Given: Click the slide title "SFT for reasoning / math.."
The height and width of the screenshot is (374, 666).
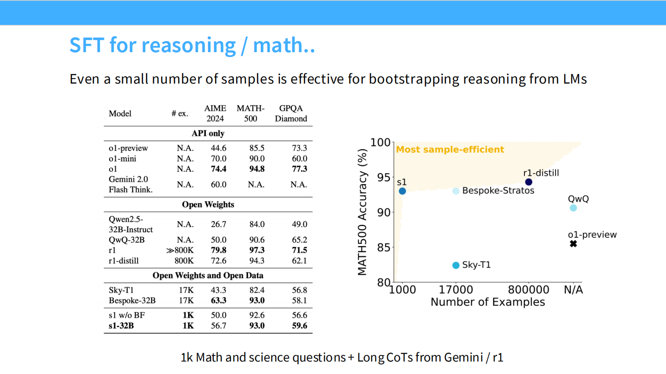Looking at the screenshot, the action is [x=192, y=45].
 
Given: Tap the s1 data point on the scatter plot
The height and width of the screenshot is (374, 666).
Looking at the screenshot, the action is [x=402, y=191].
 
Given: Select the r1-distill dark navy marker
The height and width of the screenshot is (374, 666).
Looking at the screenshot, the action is [x=529, y=182].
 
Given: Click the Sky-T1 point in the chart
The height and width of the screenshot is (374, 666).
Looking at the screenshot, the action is [x=456, y=265].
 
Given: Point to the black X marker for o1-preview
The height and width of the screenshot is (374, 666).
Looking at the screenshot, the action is [x=573, y=244].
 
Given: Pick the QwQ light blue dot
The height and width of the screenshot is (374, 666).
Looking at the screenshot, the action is [x=573, y=208].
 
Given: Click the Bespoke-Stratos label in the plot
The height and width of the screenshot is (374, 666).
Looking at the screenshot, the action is [x=498, y=191].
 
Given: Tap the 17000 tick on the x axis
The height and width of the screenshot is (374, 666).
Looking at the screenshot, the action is [x=456, y=290].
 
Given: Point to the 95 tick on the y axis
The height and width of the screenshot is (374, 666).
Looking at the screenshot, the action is [x=383, y=177].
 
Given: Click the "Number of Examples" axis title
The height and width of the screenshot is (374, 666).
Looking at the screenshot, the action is [x=487, y=302].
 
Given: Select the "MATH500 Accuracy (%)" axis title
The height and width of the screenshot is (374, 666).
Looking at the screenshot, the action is [x=362, y=212].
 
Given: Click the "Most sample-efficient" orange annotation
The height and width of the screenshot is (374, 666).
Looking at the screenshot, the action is [x=450, y=149].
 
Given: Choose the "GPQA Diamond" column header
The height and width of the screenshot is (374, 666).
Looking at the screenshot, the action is [x=291, y=114].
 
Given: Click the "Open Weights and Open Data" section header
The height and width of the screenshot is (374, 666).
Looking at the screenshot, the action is [x=208, y=276].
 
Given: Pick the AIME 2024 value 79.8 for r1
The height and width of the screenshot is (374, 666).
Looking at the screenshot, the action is [x=218, y=250].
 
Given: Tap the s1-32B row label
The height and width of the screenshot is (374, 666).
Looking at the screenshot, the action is [x=121, y=326].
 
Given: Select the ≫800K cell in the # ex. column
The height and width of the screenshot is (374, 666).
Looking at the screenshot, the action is [x=180, y=250].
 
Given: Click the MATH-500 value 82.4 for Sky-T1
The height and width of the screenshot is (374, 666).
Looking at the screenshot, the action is [x=257, y=290].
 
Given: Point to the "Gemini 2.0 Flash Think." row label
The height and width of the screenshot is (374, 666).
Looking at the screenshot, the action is [x=130, y=184].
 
